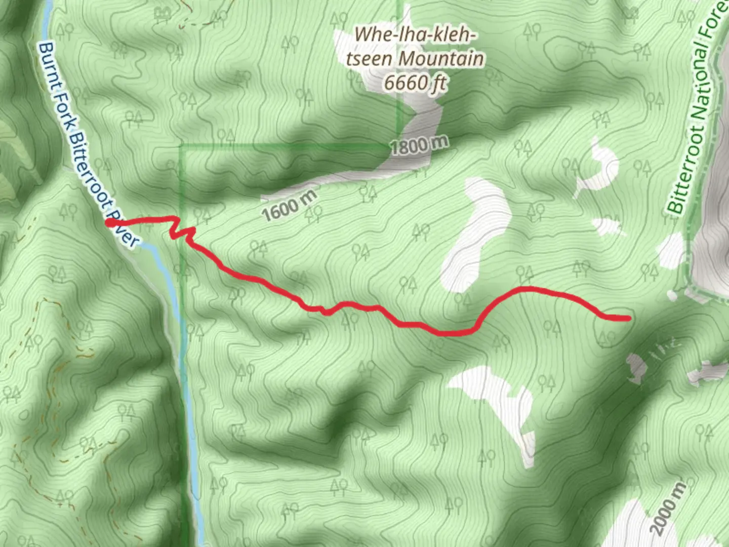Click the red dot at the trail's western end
[x=110, y=222]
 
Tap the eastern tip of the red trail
[x=628, y=318]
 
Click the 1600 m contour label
[x=289, y=205]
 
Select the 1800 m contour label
[x=419, y=146]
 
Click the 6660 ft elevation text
[x=415, y=82]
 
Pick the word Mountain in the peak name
[x=441, y=59]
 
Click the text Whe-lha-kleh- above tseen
[x=415, y=35]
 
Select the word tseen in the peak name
[x=370, y=59]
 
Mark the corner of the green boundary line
[x=181, y=147]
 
